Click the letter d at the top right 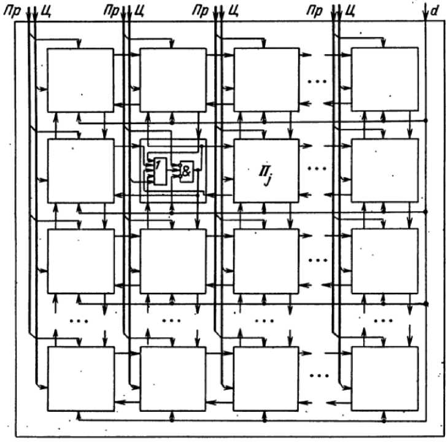[x=434, y=12]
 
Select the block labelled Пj [x=266, y=171]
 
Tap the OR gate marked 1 [x=160, y=171]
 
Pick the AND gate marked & [x=187, y=171]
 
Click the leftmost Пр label [x=12, y=12]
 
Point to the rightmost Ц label [x=350, y=12]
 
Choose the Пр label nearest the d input [x=315, y=12]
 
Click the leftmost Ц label [x=46, y=12]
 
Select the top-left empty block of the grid [x=80, y=80]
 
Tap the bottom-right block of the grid [x=385, y=379]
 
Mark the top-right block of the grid [x=385, y=79]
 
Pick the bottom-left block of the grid [x=81, y=379]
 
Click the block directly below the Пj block [x=266, y=261]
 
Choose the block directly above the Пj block [x=266, y=80]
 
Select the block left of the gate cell [x=81, y=171]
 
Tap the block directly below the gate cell [x=173, y=261]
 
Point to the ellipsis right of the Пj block [x=317, y=168]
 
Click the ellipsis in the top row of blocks [x=317, y=82]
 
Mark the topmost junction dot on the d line [x=425, y=121]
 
